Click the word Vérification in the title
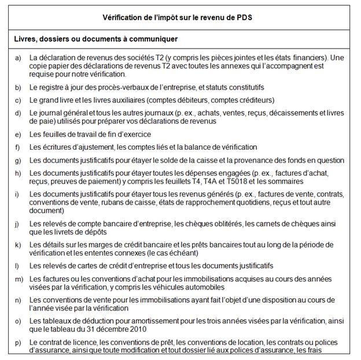click(126, 18)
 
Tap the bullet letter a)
click(18, 58)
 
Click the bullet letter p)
click(18, 342)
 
